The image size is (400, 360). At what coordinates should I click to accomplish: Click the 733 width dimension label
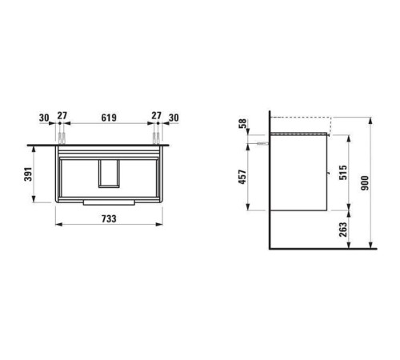pos(109,218)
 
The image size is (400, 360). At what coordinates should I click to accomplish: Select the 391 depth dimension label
pos(28,174)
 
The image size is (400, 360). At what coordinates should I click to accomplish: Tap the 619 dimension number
pos(109,118)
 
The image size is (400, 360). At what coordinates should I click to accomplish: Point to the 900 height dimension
pos(365,183)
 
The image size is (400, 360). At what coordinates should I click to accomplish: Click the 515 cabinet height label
pos(343,172)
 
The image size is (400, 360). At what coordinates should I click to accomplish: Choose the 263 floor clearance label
pos(343,230)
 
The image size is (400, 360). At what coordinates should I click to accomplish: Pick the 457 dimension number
pos(242,177)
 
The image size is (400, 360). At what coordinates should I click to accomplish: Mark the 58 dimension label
pos(243,124)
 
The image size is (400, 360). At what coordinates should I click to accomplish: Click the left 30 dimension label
pos(44,118)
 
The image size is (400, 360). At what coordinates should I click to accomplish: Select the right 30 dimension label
pos(174,118)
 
